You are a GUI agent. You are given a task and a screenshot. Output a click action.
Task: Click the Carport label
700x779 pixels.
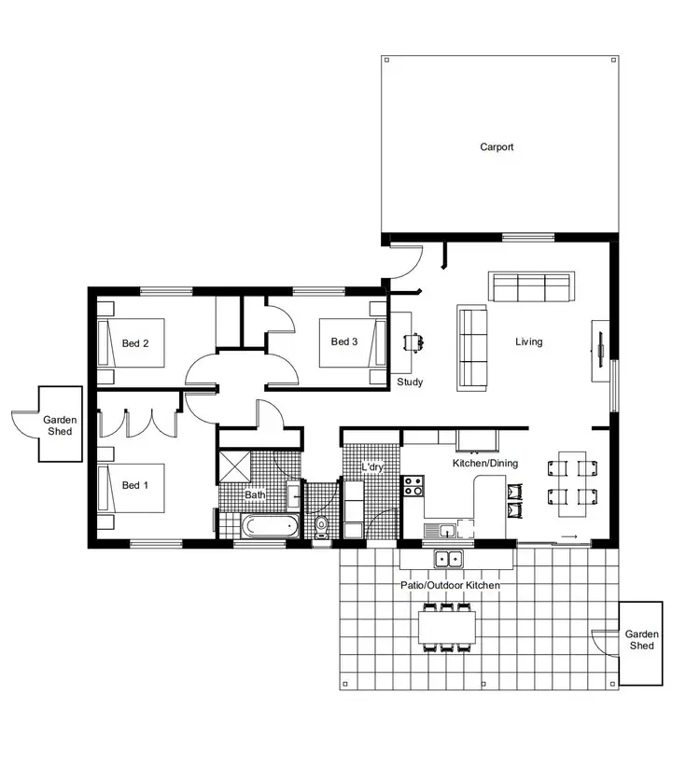[497, 146]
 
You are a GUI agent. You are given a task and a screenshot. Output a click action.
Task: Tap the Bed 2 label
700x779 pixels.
[135, 343]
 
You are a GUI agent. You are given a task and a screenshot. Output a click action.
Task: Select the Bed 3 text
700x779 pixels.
[344, 341]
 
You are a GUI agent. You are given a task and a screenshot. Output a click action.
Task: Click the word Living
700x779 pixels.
[528, 341]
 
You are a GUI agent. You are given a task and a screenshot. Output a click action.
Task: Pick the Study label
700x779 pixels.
[410, 382]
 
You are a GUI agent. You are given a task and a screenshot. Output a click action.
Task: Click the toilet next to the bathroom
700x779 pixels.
[322, 525]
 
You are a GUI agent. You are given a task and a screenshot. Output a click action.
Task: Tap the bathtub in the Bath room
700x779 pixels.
[270, 527]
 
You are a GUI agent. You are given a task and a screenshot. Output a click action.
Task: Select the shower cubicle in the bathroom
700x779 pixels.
[234, 466]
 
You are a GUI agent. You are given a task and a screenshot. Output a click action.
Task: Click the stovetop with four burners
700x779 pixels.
[413, 485]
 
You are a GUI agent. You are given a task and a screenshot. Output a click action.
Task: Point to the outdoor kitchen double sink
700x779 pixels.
[449, 560]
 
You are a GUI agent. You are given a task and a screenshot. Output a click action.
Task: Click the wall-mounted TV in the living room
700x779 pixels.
[601, 351]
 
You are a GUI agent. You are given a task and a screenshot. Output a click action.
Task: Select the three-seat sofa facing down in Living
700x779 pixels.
[532, 287]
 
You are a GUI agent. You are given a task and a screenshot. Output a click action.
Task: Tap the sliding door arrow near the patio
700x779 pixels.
[567, 536]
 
